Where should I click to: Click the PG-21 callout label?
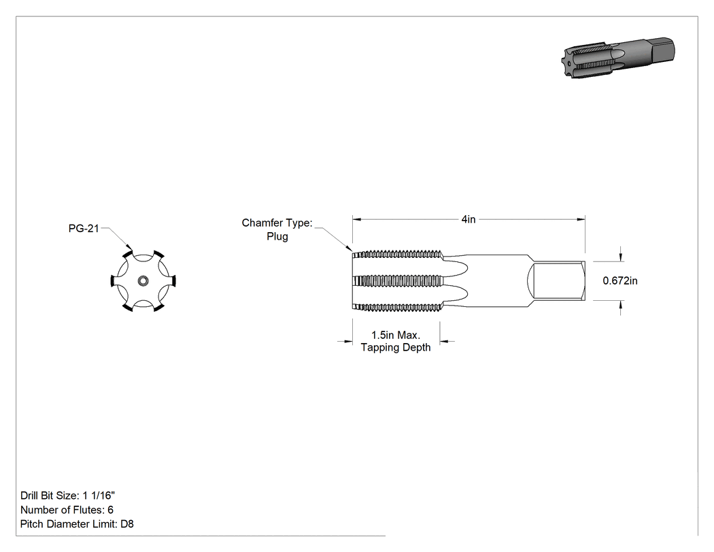tap(84, 229)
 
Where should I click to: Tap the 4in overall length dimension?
tap(468, 219)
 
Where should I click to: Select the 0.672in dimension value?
tap(619, 281)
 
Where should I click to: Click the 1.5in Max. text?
tap(395, 335)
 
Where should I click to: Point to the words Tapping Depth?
tap(395, 347)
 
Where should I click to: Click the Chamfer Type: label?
tap(277, 223)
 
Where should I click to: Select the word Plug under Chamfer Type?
tap(277, 237)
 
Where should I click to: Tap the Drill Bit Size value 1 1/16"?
tap(99, 496)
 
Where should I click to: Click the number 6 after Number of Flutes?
tap(110, 510)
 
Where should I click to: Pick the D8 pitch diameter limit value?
tap(127, 524)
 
